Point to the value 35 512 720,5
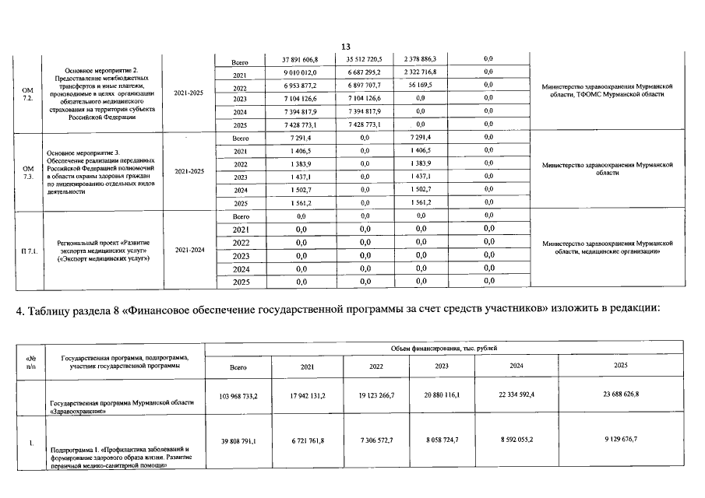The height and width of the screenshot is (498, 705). click(364, 59)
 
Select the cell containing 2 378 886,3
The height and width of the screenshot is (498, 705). click(420, 59)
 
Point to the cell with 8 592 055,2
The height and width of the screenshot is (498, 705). click(516, 440)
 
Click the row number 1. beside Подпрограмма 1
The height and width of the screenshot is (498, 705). click(30, 444)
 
